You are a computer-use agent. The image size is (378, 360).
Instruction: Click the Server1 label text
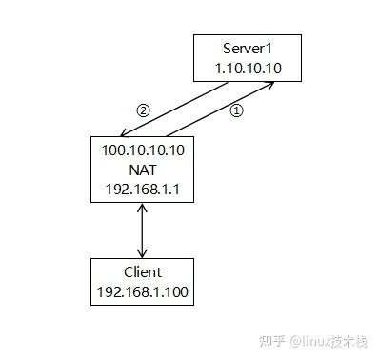coord(248,49)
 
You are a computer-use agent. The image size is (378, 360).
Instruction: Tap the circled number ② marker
coord(143,110)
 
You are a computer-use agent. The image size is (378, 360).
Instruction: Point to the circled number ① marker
coord(238,110)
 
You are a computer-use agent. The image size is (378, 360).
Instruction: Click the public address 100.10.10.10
coord(142,150)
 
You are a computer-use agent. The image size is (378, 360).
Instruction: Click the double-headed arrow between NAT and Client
coord(142,229)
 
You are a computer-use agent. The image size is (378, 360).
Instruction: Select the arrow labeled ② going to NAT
coord(176,109)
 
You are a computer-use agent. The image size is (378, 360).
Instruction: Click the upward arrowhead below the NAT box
coord(142,206)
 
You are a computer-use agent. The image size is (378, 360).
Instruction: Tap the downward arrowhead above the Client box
coord(142,252)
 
